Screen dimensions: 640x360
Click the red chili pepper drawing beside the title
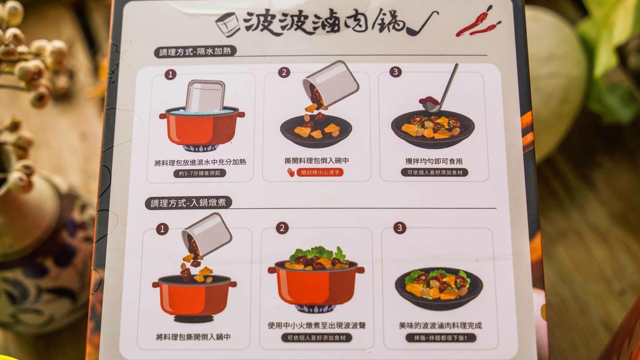coord(477,23)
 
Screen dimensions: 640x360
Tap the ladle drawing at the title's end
coord(422,23)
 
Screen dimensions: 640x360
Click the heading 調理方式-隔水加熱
coord(195,52)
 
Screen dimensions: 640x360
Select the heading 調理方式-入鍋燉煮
coord(188,203)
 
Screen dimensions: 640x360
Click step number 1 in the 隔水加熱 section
coord(170,75)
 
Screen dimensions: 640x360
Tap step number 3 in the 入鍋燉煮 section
coord(399,228)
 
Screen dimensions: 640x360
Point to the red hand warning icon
coord(291,172)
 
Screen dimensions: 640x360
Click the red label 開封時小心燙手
coord(319,173)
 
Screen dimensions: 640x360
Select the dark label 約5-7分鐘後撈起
coord(199,173)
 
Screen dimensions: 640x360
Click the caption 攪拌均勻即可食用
coord(434,162)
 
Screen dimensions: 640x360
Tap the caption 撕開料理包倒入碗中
coord(317,161)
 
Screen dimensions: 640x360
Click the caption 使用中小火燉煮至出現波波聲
coord(317,325)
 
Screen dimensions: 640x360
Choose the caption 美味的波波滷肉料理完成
coord(441,325)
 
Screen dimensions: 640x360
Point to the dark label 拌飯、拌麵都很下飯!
coord(441,338)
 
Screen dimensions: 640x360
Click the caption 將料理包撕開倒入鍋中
coord(194,337)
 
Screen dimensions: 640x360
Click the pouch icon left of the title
coord(228,25)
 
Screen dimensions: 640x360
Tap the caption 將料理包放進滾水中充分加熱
coord(201,163)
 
